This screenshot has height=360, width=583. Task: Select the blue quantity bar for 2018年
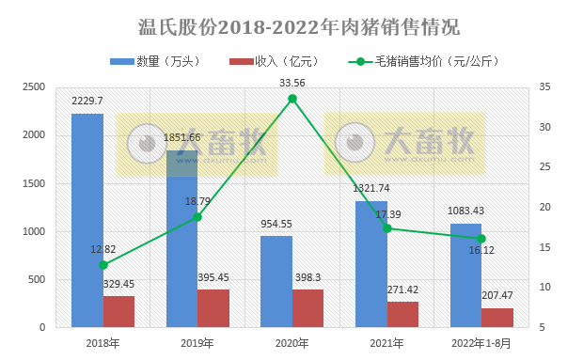pos(87,221)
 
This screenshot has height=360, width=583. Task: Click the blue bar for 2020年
pos(276,282)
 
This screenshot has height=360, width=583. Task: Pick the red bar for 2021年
pos(402,315)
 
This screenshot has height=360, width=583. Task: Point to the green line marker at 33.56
pos(292,99)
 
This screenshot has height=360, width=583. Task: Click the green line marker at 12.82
pos(103,265)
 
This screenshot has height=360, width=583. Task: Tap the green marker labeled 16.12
pos(481,239)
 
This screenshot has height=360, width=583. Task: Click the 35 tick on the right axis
pos(545,87)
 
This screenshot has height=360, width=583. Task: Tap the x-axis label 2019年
pos(197,343)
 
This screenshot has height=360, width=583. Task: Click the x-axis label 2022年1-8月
pos(481,343)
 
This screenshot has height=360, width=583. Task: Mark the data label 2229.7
pos(87,101)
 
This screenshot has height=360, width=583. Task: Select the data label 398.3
pos(307,277)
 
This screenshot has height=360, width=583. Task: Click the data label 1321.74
pos(370,188)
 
